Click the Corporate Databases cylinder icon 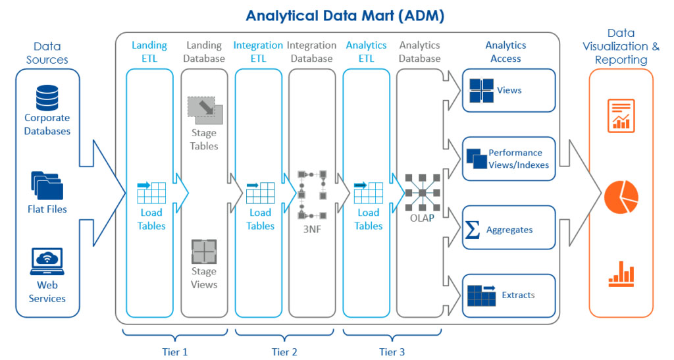[x=47, y=97]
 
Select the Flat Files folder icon [x=47, y=186]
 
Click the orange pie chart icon [x=621, y=195]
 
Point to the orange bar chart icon [x=621, y=276]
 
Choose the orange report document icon [x=621, y=116]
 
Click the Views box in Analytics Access [x=509, y=91]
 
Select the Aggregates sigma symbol [x=472, y=230]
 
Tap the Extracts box [x=509, y=296]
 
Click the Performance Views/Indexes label [x=519, y=159]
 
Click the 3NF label [x=311, y=231]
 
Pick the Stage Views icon [x=204, y=251]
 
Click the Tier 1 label [x=175, y=352]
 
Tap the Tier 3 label [x=392, y=352]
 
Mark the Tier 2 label [x=284, y=352]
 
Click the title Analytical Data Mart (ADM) [x=337, y=14]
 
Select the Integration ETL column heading [x=258, y=52]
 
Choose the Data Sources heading [x=47, y=53]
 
